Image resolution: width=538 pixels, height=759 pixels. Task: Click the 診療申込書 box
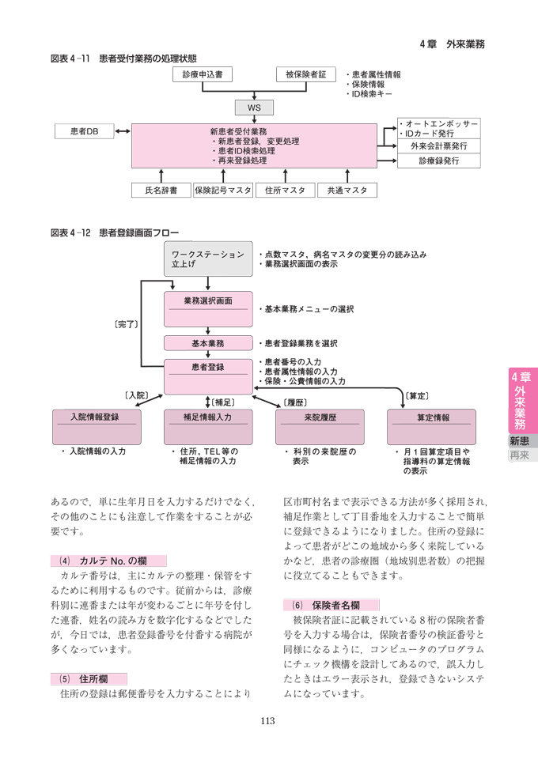point(202,74)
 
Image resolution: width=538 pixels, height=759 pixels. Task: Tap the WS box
point(254,108)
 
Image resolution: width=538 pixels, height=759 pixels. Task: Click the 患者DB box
point(84,132)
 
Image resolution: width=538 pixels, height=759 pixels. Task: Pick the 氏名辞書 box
point(161,190)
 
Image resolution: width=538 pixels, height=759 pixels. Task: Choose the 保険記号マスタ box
point(222,190)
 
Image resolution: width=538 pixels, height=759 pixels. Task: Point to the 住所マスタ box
point(285,190)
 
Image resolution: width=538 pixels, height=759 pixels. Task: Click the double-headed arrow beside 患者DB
point(123,132)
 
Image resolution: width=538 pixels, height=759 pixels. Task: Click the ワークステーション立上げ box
point(208,259)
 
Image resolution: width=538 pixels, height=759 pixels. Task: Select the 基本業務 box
point(208,344)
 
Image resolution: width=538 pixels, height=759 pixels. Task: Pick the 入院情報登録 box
point(96,427)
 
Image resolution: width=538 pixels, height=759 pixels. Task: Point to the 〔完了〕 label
point(127,323)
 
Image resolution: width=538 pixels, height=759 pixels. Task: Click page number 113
point(268,719)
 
